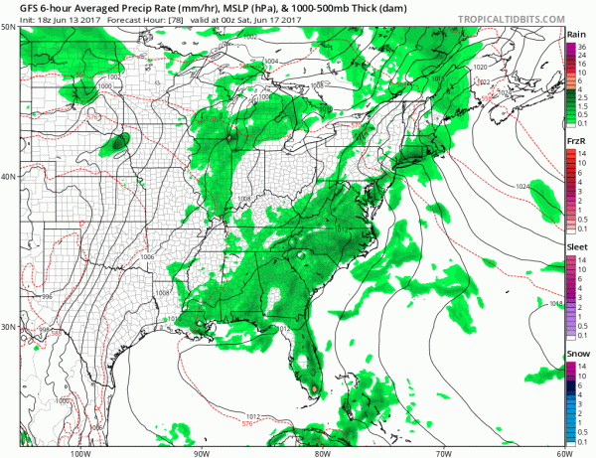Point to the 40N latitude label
click(x=9, y=177)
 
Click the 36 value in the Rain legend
click(x=586, y=46)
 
